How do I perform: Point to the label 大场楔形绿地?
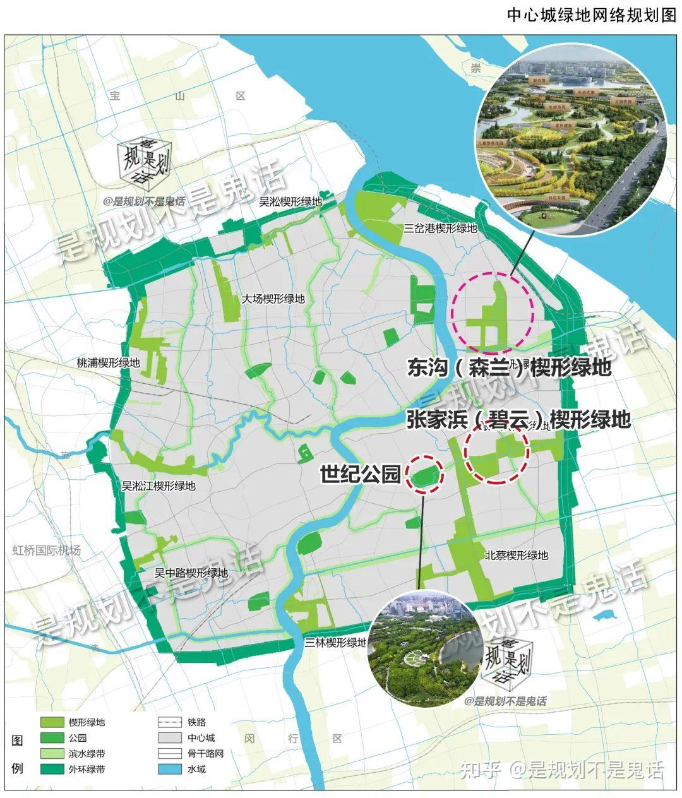pos(273,299)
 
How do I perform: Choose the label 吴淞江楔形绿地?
pos(159,486)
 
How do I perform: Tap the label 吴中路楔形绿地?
pos(191,573)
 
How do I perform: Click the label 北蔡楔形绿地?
pos(517,556)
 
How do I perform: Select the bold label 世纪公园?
pos(361,474)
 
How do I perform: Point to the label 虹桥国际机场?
pos(47,551)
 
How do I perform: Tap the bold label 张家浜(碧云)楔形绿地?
pos(518,419)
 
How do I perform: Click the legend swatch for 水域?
pos(170,770)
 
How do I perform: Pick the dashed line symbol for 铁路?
pos(170,722)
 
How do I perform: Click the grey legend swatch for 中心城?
pos(170,738)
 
